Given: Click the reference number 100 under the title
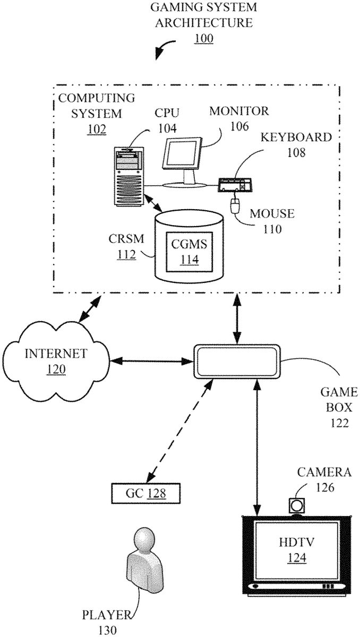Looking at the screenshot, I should point(203,39).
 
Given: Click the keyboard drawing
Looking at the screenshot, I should point(234,185).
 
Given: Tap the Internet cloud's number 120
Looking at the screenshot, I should point(56,369).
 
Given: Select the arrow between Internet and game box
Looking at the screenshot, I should point(151,361).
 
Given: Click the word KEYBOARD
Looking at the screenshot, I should point(296,137).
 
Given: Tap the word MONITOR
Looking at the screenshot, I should point(239,111).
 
